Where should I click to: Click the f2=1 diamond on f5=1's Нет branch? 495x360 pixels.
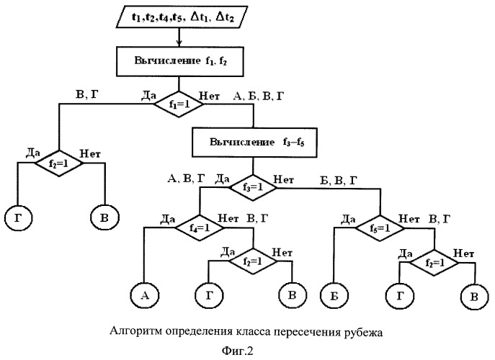(429, 262)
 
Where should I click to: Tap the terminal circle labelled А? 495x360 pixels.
(143, 295)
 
